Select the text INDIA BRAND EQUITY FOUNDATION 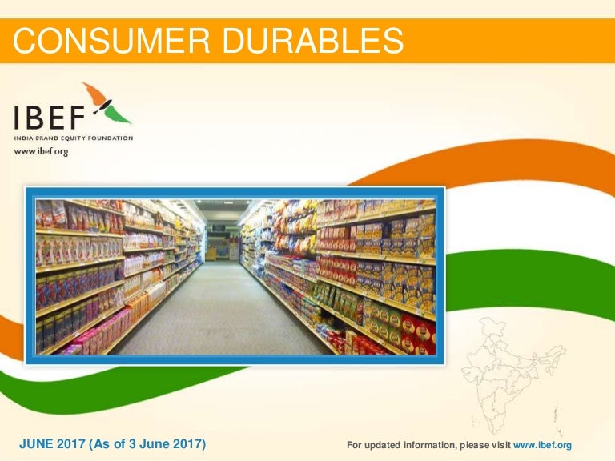click(73, 138)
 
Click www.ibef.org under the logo click(41, 152)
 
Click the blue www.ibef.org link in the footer click(542, 445)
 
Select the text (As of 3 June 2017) click(151, 444)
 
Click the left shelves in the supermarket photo click(104, 272)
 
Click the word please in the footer click(468, 445)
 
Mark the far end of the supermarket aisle click(219, 240)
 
